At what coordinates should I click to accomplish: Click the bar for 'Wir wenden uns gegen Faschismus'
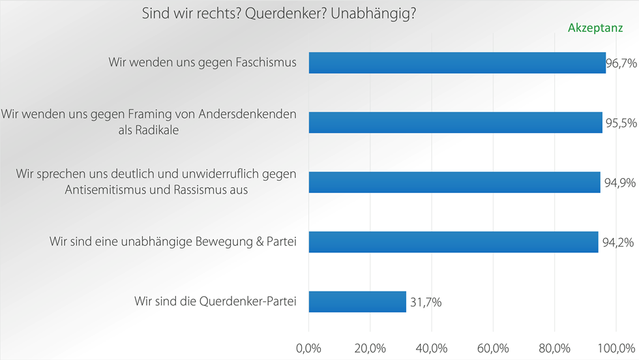[456, 63]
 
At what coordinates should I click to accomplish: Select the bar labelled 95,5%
[455, 123]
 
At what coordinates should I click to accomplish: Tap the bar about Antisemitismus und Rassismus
[454, 182]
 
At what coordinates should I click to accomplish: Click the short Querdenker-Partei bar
[357, 302]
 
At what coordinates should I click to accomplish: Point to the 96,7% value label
[622, 63]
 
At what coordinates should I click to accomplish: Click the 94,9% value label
[619, 183]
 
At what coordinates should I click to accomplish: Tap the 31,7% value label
[426, 303]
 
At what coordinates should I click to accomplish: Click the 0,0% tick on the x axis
[308, 346]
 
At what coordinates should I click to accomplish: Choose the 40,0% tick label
[432, 346]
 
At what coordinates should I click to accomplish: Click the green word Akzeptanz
[594, 29]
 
